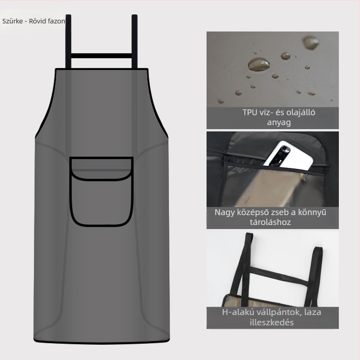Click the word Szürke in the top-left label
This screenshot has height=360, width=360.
pos(13,21)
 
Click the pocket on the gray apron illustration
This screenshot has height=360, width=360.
pos(101,192)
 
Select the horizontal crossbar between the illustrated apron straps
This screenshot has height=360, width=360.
pos(101,56)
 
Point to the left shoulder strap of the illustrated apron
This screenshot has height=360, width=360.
pos(68,41)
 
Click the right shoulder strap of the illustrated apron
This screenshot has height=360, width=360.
pos(135,41)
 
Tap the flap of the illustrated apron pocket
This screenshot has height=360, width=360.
pos(101,169)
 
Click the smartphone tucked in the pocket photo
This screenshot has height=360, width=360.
pos(288,156)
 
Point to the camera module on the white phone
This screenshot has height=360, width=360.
pos(280,155)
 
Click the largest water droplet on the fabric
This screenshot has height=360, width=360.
pos(258,64)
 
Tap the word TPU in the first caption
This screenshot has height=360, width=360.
pos(250,112)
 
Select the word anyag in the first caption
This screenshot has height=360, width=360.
pos(279,122)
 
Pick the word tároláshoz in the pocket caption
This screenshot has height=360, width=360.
pos(270,222)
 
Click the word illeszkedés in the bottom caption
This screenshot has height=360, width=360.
pos(272,322)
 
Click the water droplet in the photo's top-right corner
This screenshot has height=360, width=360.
pos(311,42)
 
